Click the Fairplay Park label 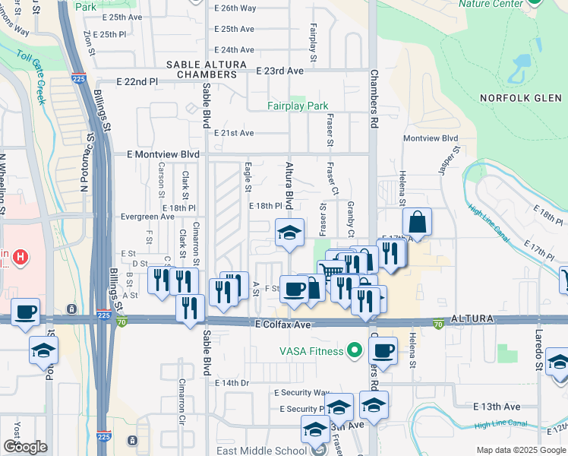tap(297, 106)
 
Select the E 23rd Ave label tap(279, 71)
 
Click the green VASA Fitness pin tap(353, 350)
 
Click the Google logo tap(25, 447)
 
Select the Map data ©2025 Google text tap(519, 450)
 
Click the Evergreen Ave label tap(147, 217)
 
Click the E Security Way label tap(301, 393)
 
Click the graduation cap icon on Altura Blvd tap(289, 233)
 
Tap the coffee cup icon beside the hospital tap(25, 312)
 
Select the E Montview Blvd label tap(157, 154)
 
